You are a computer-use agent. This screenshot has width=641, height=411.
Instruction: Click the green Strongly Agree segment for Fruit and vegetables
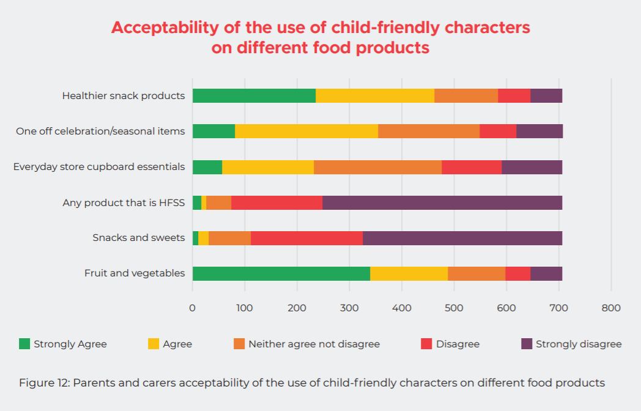pyautogui.click(x=281, y=273)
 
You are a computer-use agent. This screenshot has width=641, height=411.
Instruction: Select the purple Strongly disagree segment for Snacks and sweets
pyautogui.click(x=462, y=238)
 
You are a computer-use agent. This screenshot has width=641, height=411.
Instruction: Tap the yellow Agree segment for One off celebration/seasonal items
pyautogui.click(x=306, y=131)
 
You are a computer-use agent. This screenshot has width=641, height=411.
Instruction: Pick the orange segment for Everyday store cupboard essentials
pyautogui.click(x=377, y=167)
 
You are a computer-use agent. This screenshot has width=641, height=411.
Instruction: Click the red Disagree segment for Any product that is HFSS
pyautogui.click(x=276, y=202)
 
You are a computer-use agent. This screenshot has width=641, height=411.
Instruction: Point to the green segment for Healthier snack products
pyautogui.click(x=254, y=95)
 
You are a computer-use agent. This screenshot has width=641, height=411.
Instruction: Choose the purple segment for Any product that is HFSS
pyautogui.click(x=442, y=202)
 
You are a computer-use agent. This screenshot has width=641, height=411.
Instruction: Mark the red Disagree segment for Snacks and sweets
pyautogui.click(x=306, y=238)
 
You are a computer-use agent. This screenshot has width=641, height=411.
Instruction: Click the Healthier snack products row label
pyautogui.click(x=123, y=95)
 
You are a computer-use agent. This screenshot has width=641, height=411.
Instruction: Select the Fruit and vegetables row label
pyautogui.click(x=135, y=273)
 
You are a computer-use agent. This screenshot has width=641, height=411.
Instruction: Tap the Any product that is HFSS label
pyautogui.click(x=124, y=202)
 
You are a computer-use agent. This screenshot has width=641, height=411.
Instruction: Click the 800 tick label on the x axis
pyautogui.click(x=611, y=308)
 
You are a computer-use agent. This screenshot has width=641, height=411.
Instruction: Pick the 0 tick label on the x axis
pyautogui.click(x=193, y=308)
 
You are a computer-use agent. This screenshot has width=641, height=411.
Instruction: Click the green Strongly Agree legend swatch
pyautogui.click(x=24, y=344)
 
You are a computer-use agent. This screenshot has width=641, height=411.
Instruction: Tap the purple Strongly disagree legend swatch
pyautogui.click(x=527, y=344)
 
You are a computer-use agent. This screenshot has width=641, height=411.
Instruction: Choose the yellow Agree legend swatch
pyautogui.click(x=154, y=344)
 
